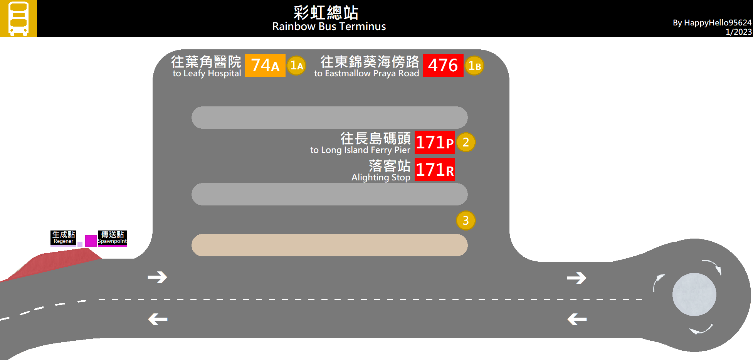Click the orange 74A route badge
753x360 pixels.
[265, 66]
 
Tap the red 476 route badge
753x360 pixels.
[443, 66]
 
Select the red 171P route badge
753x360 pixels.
[435, 142]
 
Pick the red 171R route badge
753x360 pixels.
[435, 170]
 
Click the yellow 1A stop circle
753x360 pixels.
[296, 66]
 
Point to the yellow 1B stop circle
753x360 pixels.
[474, 66]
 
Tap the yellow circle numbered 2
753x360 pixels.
[466, 142]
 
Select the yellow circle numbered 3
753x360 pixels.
[466, 220]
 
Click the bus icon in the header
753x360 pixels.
[18, 19]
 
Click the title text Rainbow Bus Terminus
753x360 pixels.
[329, 27]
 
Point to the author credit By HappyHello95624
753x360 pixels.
[712, 23]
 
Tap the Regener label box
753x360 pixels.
[63, 237]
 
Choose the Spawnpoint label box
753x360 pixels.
[112, 238]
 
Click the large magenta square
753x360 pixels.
[91, 241]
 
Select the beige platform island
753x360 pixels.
[329, 245]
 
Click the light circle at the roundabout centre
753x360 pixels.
[694, 294]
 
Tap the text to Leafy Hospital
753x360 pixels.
[207, 73]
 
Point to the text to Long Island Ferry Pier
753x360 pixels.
[360, 150]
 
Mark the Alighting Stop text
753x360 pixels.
[380, 177]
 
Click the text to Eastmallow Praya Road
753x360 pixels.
[366, 73]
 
